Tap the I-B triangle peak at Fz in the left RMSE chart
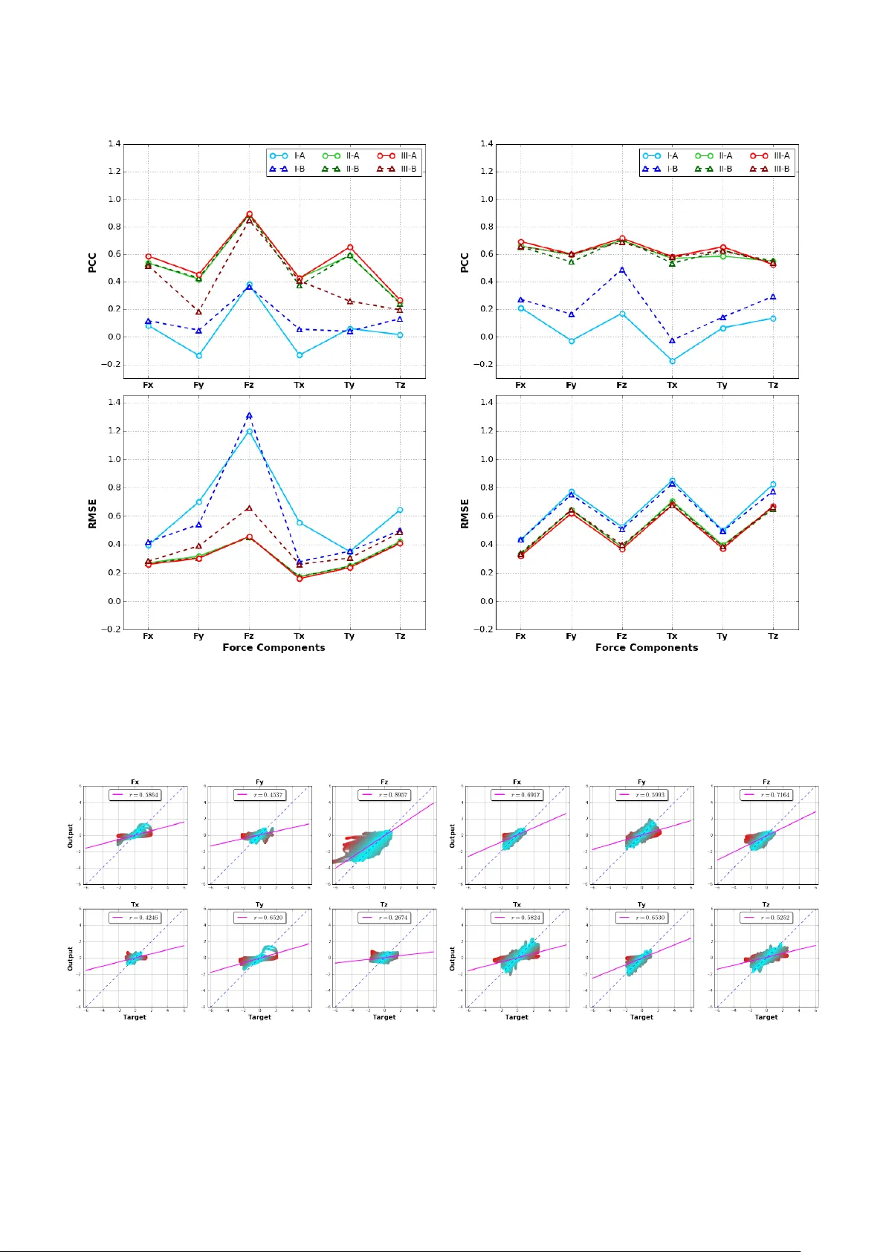tap(249, 416)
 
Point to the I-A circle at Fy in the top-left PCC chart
tap(198, 356)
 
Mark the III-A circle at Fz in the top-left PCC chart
tap(249, 214)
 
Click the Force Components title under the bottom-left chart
tap(274, 648)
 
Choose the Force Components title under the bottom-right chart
tap(647, 648)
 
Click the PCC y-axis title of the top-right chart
tap(465, 262)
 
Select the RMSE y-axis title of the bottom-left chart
tap(93, 513)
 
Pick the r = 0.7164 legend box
tap(766, 795)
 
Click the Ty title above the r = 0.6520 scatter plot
tap(259, 905)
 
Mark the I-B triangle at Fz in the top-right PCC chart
tap(621, 270)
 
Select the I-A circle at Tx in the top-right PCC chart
tap(672, 361)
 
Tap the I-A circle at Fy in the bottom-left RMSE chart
tap(198, 502)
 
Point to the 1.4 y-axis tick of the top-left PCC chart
tap(114, 143)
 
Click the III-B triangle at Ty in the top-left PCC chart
tap(349, 301)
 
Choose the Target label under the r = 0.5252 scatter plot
tap(766, 1017)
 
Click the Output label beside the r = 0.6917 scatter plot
tap(453, 835)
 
